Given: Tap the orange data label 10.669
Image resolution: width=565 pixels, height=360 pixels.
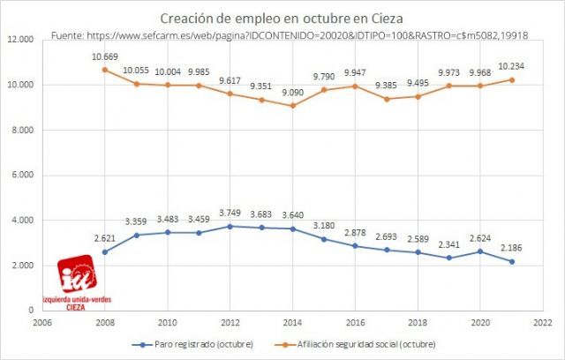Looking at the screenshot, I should point(105,56).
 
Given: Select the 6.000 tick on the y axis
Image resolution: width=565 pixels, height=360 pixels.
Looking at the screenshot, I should point(23,176).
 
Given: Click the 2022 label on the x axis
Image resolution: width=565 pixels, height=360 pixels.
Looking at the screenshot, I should point(540,323).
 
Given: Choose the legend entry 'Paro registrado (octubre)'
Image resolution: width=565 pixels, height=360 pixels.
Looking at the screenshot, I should point(195,343).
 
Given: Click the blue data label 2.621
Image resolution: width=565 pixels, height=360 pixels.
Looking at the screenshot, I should point(105,238).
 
